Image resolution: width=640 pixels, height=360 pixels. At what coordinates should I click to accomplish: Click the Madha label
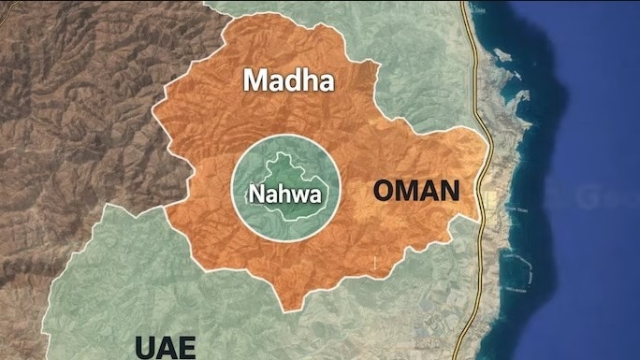pos(288,81)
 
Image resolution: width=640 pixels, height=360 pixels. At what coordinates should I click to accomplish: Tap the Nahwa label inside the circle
pos(284,194)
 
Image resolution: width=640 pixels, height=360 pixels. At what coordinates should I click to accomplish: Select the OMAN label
pos(416,192)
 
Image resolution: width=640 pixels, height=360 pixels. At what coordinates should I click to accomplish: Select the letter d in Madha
pos(292,80)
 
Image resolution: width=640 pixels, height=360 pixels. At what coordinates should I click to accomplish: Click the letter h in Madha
pos(308,80)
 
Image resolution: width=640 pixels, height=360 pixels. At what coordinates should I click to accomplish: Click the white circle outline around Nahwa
pos(284,137)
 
